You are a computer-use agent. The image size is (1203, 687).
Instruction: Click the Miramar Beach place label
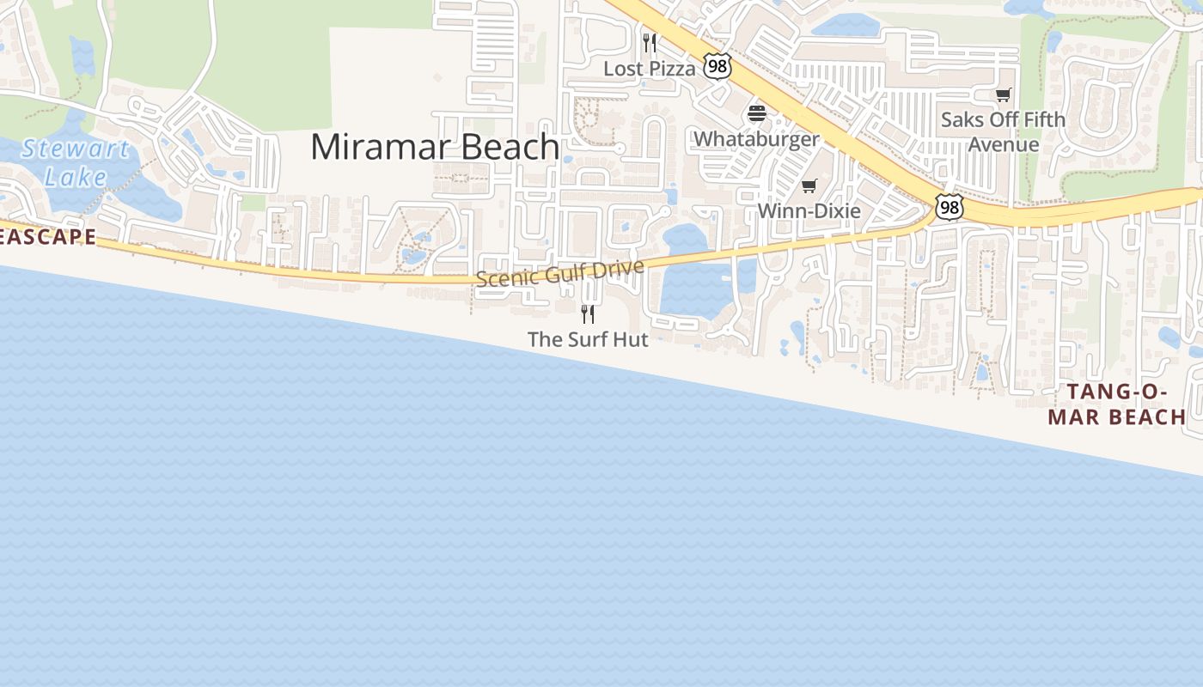[435, 147]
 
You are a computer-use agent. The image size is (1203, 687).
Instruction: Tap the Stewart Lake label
[76, 163]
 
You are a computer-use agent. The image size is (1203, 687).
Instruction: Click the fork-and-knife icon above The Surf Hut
[588, 313]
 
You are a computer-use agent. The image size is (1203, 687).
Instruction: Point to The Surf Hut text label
[588, 339]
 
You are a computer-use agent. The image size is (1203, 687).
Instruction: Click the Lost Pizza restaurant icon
[650, 42]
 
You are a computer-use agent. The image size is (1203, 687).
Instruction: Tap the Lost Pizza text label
[649, 69]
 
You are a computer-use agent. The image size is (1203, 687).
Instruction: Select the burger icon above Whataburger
[757, 112]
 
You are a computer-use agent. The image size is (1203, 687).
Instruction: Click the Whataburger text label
[756, 139]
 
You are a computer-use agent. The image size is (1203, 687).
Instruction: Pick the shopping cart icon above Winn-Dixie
[809, 185]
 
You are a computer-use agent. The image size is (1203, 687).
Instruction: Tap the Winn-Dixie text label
[809, 211]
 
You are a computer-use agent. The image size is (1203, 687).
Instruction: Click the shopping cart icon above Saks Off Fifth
[1003, 94]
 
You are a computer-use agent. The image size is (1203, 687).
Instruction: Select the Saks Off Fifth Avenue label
[1003, 131]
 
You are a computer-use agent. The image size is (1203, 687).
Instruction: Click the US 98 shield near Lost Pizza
[717, 65]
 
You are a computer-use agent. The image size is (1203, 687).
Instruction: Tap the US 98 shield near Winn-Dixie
[950, 207]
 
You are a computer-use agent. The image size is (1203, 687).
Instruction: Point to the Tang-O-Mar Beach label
[1126, 404]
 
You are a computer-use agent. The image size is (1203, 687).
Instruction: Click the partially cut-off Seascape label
[47, 237]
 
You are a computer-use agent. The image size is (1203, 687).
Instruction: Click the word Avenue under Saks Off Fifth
[1004, 144]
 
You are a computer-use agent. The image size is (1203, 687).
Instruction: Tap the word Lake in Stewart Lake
[76, 177]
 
